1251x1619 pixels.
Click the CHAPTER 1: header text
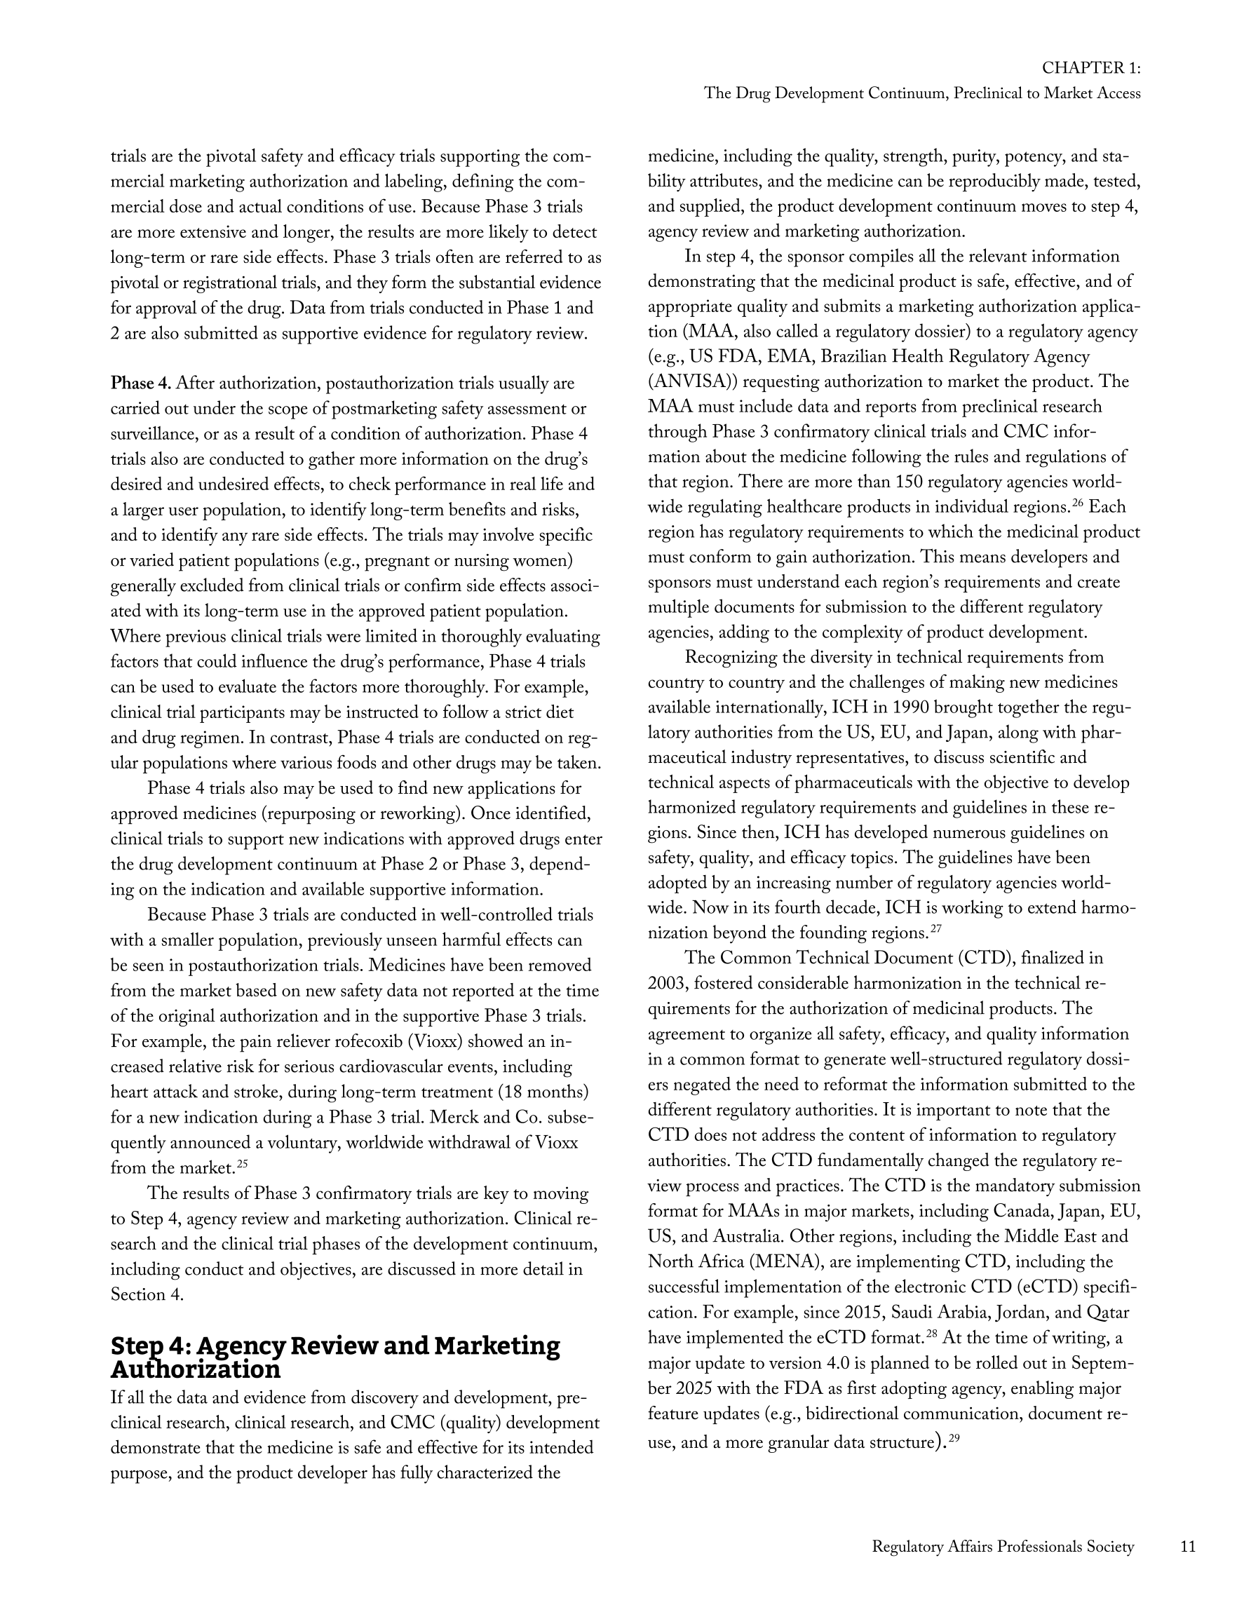pos(1090,68)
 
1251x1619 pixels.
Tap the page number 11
pos(1187,1546)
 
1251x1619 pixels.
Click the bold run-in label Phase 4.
pos(140,384)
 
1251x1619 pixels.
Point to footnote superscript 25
pos(242,1165)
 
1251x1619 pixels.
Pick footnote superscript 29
pos(954,1439)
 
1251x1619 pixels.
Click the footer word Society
pos(1107,1546)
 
